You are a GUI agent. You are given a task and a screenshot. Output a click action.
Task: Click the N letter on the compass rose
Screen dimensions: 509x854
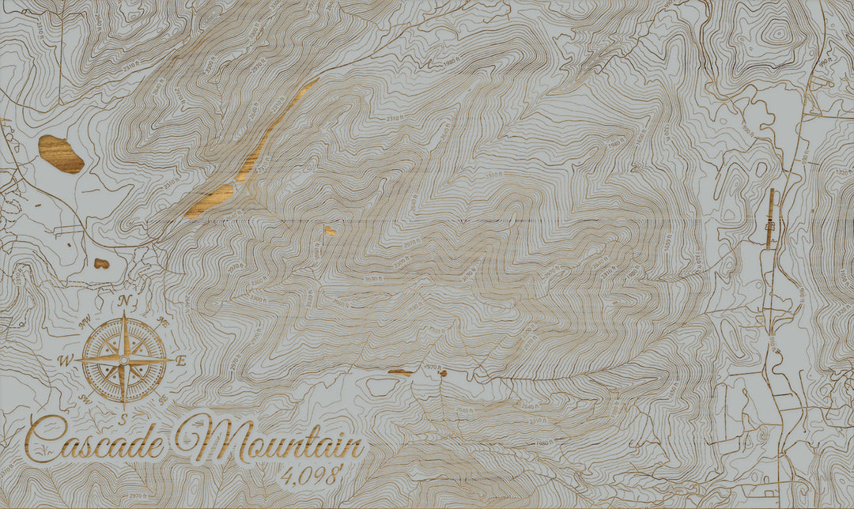(124, 301)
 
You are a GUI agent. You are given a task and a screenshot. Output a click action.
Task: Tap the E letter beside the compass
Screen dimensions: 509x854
(180, 361)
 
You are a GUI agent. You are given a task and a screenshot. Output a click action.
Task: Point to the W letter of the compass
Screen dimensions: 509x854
(66, 360)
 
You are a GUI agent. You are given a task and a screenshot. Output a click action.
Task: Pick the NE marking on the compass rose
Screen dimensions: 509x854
(162, 321)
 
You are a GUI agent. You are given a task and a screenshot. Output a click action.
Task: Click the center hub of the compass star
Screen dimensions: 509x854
(124, 360)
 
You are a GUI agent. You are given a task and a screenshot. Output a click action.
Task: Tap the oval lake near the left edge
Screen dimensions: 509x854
(61, 153)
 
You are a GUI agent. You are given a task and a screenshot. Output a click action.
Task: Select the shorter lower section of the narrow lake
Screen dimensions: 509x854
(210, 200)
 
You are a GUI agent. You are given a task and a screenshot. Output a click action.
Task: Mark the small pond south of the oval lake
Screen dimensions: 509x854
(101, 263)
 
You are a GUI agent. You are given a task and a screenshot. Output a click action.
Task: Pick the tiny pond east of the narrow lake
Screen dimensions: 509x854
(329, 231)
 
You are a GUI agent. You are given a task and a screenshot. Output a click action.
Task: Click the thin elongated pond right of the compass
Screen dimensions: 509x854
(400, 371)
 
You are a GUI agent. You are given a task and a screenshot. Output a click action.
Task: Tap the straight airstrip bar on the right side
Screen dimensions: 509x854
(772, 218)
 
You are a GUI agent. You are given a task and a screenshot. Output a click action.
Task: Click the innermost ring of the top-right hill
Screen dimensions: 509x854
(779, 33)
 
